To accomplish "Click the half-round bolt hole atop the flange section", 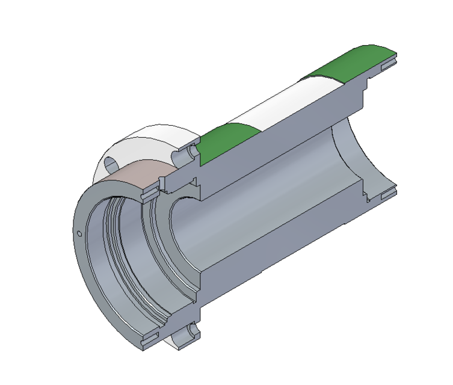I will click(186, 155).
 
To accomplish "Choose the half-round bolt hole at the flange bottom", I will click(191, 330).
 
